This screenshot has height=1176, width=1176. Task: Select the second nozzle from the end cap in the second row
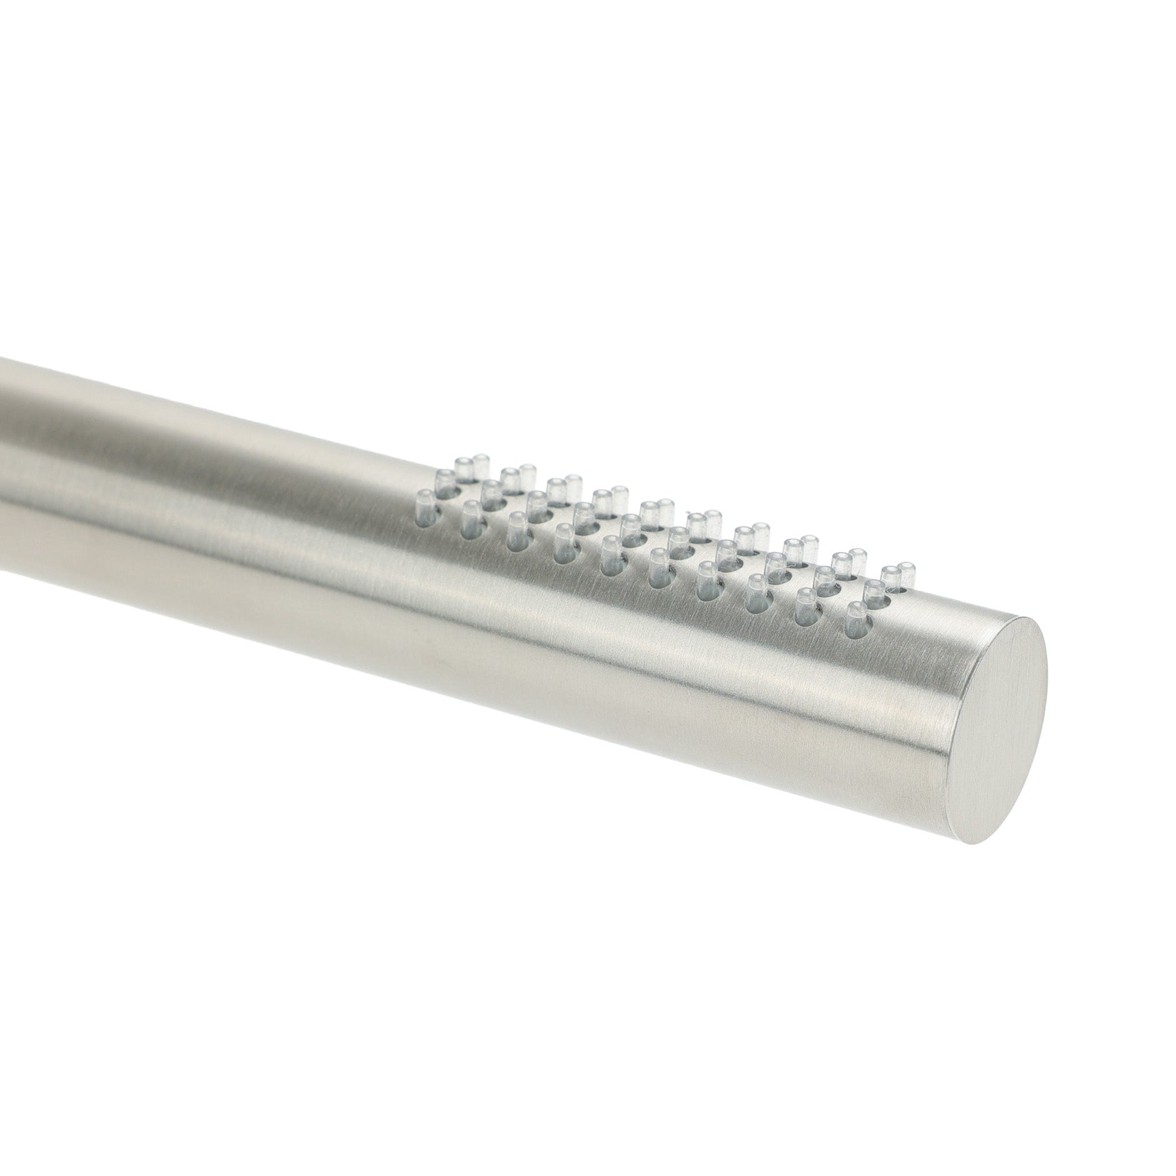coord(823,579)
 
